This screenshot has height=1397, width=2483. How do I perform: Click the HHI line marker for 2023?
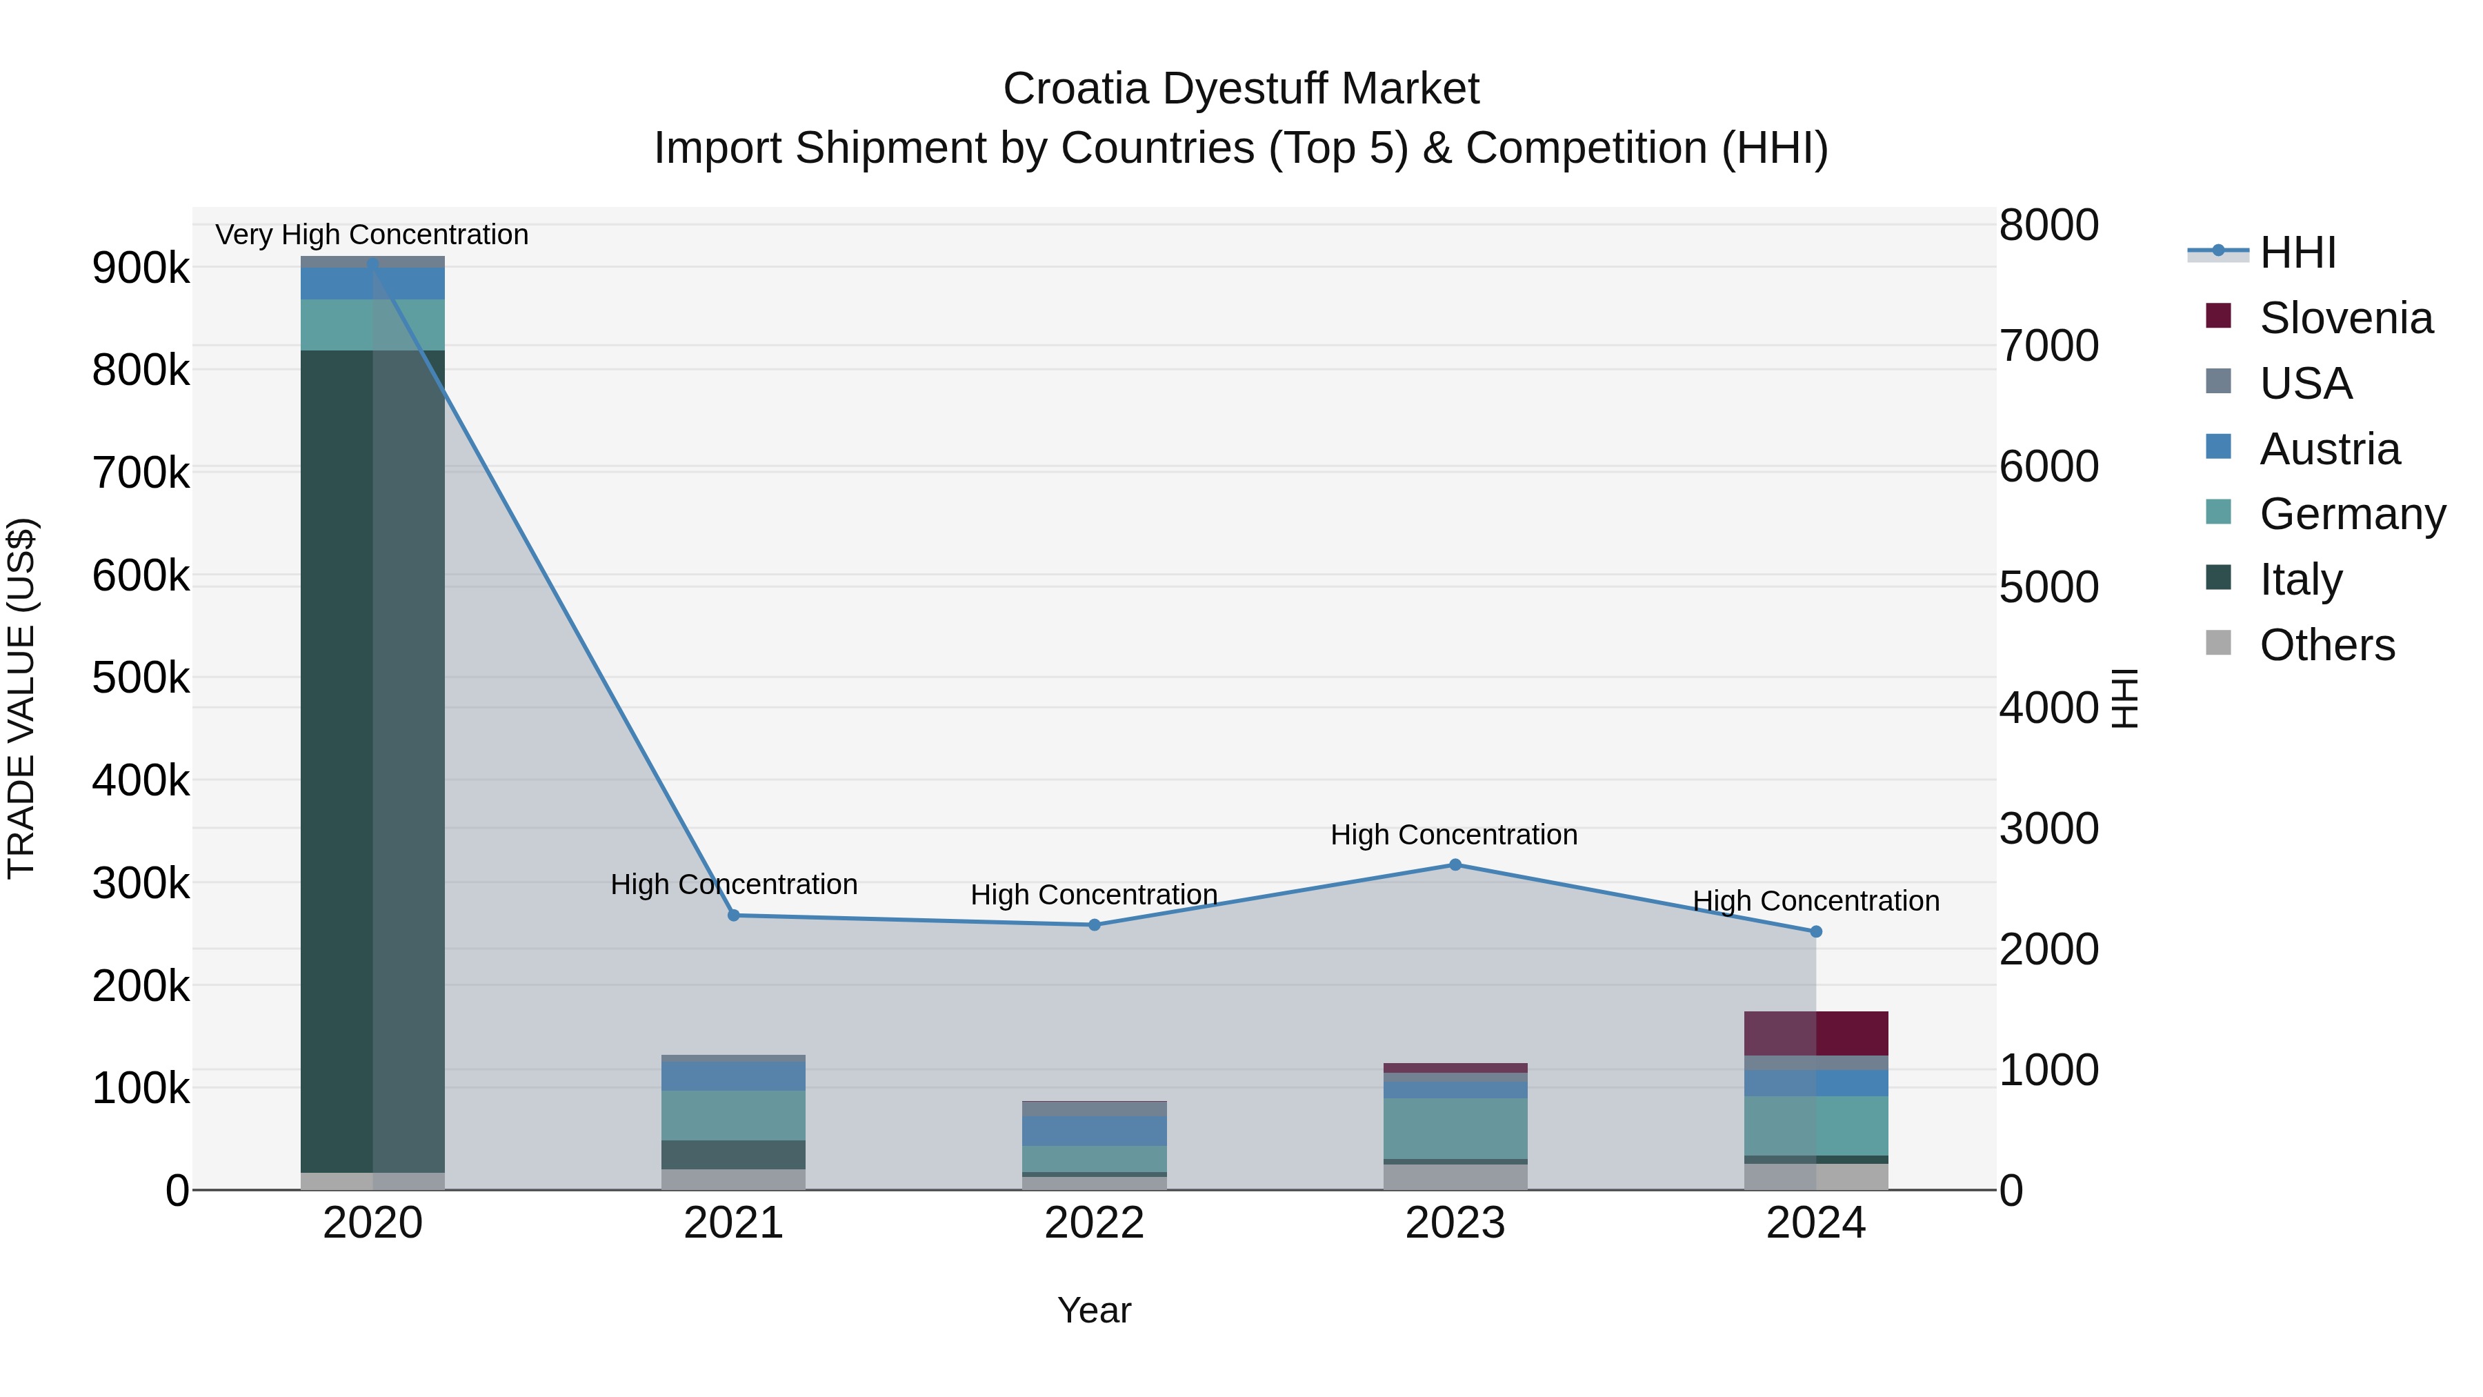point(1455,865)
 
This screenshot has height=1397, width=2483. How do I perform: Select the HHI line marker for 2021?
point(734,915)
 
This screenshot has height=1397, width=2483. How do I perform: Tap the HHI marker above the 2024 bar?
point(1816,931)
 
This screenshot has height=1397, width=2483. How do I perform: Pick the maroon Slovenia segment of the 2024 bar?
point(1816,1033)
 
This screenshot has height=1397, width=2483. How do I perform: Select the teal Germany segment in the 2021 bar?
point(734,1116)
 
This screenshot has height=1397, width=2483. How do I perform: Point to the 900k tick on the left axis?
point(141,268)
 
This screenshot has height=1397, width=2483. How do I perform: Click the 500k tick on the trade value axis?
point(141,677)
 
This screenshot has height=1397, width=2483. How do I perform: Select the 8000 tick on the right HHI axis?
point(2048,226)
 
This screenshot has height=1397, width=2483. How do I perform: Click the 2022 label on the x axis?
point(1094,1223)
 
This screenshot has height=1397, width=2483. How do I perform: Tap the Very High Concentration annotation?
point(372,235)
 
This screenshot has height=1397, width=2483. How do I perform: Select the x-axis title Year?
point(1094,1310)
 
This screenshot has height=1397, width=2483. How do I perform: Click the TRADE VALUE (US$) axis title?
point(21,698)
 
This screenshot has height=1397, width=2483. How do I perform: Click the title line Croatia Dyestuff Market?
point(1241,89)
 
